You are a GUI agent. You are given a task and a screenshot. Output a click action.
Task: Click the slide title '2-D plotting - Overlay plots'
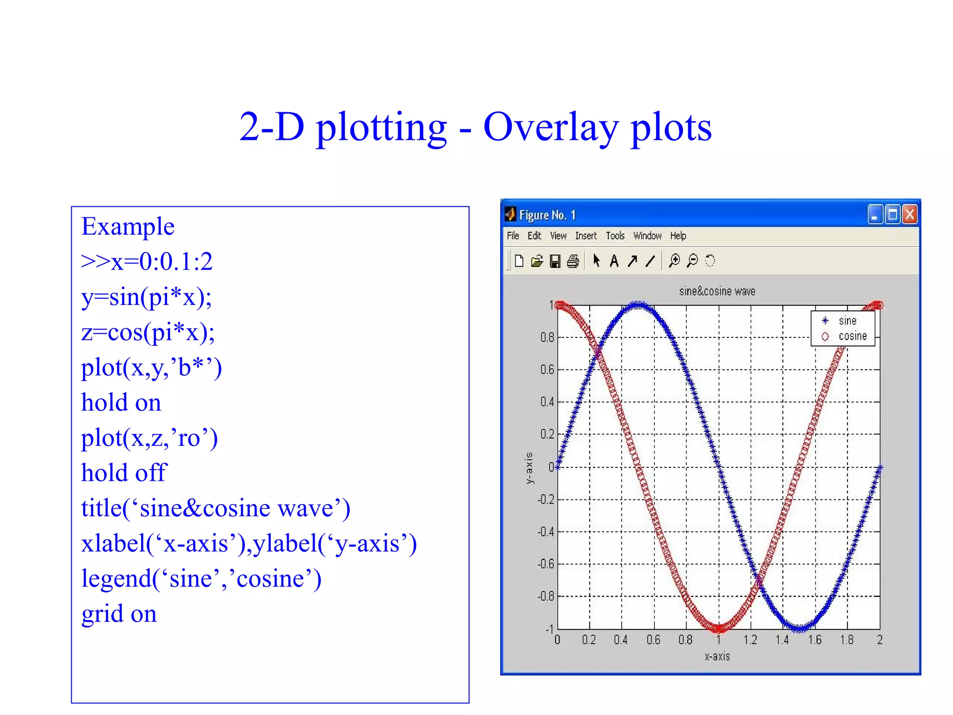pyautogui.click(x=475, y=127)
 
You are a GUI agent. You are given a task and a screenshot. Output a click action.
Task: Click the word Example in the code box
pyautogui.click(x=128, y=227)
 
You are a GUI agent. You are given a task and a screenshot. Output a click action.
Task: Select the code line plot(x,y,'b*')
pyautogui.click(x=151, y=368)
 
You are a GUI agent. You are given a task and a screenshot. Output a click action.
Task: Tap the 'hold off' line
pyautogui.click(x=124, y=473)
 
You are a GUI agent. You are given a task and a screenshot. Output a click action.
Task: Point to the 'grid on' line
pyautogui.click(x=119, y=614)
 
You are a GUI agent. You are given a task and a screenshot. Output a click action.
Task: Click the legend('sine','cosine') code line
pyautogui.click(x=201, y=579)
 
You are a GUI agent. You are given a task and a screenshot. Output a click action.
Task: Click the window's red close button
pyautogui.click(x=909, y=215)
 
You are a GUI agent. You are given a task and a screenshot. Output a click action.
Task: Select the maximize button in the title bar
pyautogui.click(x=892, y=215)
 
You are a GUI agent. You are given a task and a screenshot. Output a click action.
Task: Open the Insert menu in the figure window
pyautogui.click(x=585, y=236)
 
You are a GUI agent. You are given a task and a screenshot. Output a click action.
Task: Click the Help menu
pyautogui.click(x=678, y=236)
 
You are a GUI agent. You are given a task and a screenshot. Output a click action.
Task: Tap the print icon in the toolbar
pyautogui.click(x=573, y=261)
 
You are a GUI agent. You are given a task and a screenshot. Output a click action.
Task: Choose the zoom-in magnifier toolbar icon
pyautogui.click(x=674, y=261)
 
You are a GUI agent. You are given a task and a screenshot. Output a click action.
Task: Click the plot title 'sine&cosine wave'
pyautogui.click(x=717, y=291)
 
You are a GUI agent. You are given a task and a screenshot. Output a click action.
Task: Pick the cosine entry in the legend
pyautogui.click(x=852, y=336)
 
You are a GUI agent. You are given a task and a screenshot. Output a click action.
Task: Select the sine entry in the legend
pyautogui.click(x=847, y=321)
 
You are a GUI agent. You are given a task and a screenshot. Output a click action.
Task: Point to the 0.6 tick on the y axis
pyautogui.click(x=547, y=370)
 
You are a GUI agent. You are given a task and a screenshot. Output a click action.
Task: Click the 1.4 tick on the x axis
pyautogui.click(x=782, y=640)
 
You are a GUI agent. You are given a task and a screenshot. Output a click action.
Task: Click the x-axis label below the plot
pyautogui.click(x=717, y=656)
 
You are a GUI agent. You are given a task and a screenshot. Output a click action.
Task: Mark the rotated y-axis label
pyautogui.click(x=529, y=467)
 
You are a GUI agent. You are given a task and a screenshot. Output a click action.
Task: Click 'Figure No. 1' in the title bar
pyautogui.click(x=547, y=215)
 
